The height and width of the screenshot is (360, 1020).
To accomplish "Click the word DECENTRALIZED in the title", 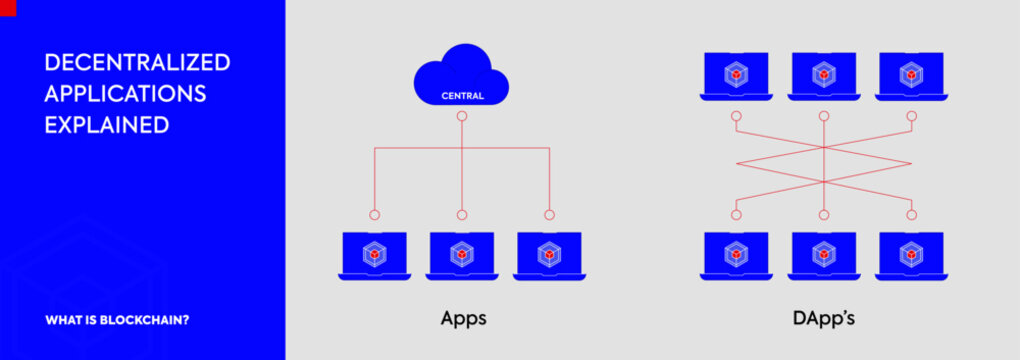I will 137,62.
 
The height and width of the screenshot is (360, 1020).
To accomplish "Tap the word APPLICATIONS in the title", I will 125,94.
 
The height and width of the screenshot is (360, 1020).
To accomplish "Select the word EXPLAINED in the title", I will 106,125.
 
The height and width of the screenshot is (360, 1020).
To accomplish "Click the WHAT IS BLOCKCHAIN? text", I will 118,321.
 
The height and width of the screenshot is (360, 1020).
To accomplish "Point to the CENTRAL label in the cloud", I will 462,96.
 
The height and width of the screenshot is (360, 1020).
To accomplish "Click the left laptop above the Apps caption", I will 374,255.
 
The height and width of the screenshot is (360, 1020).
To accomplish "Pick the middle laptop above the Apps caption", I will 462,255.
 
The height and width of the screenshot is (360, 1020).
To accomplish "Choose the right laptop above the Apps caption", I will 549,255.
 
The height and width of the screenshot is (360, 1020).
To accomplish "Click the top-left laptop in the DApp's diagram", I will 735,76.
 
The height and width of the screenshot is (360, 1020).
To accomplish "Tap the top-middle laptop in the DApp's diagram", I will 823,76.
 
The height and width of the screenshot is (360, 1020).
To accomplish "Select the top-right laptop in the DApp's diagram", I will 911,76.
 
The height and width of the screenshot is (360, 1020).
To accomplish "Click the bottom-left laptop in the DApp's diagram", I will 735,255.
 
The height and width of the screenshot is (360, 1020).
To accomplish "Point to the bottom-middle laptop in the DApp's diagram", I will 823,255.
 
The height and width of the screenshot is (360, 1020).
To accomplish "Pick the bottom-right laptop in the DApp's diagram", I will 911,255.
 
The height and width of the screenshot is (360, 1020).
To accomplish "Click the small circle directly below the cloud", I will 462,116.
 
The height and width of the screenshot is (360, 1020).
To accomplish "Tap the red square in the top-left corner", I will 7,6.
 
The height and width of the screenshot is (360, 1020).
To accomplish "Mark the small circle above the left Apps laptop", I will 374,214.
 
